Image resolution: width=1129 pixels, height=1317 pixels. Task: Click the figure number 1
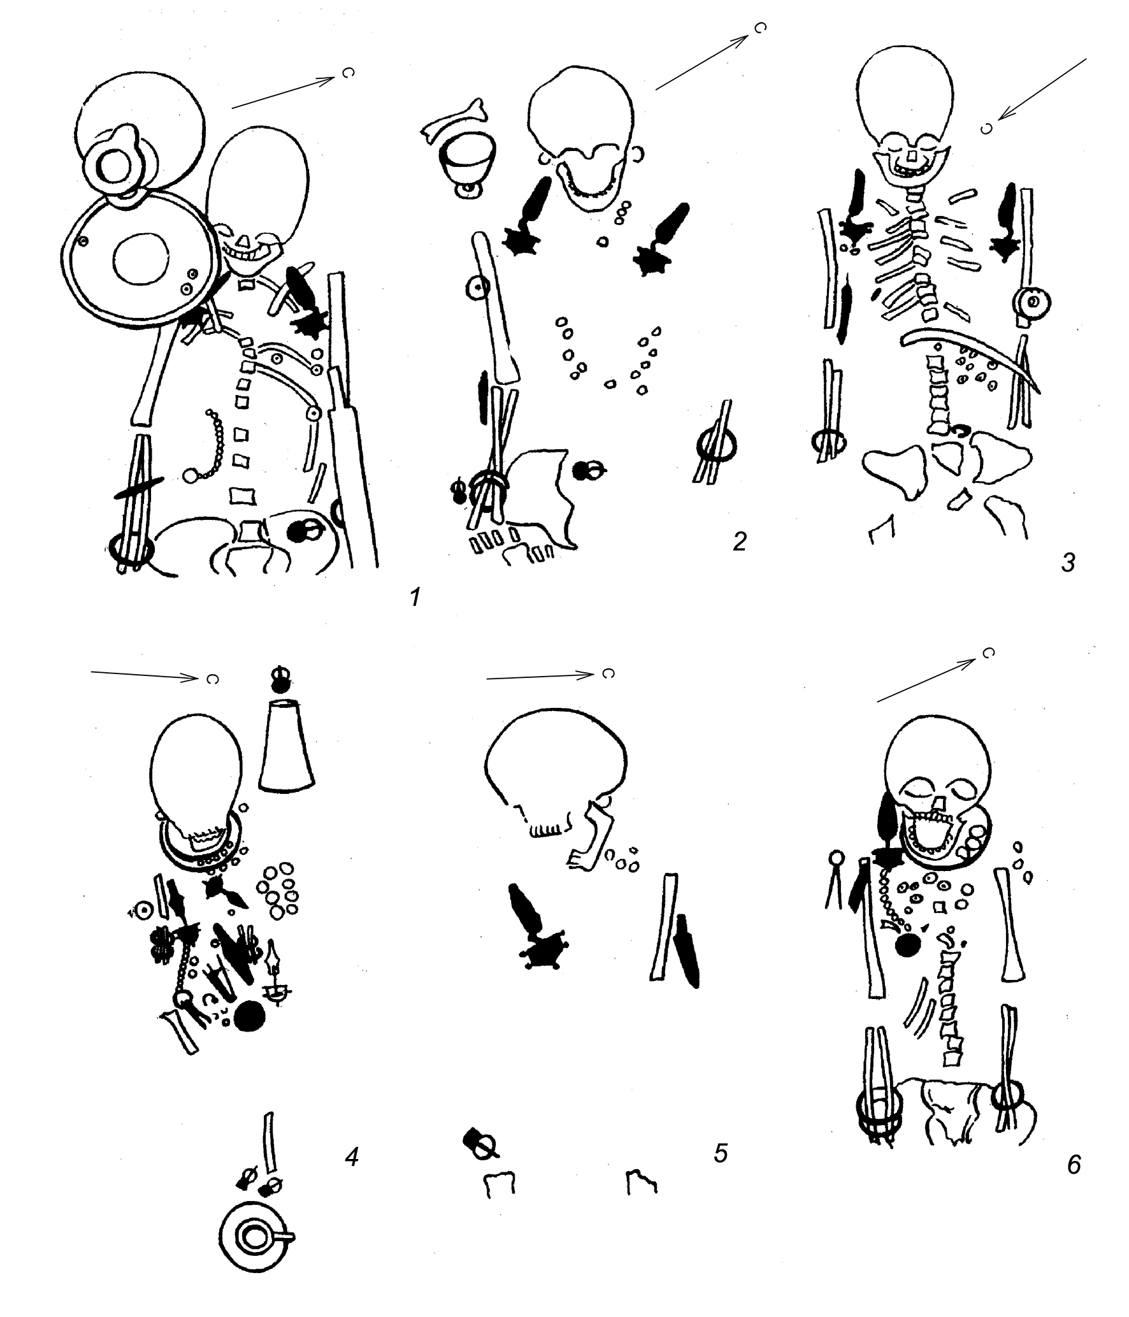(x=415, y=598)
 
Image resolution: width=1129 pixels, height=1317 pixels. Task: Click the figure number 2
(x=739, y=542)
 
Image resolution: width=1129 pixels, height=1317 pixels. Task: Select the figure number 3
(x=1068, y=562)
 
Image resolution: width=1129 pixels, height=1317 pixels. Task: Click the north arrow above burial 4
(x=145, y=675)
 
